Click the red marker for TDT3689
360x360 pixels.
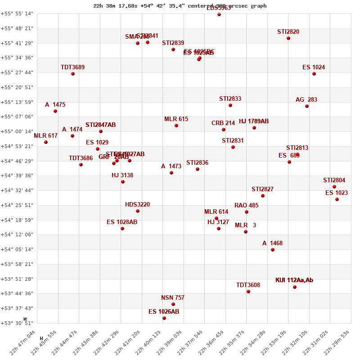pos(73,74)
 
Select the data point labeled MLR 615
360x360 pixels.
pos(176,126)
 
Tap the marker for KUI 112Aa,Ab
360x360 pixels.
pos(295,287)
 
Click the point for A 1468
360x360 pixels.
pos(273,250)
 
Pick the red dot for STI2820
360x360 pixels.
pos(288,38)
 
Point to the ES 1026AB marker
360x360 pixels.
pos(164,318)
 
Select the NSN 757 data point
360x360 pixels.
pos(173,304)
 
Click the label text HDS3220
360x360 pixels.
pos(137,205)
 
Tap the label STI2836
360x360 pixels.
pos(197,163)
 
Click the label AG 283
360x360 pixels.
pos(306,100)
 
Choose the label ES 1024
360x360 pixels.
pos(313,67)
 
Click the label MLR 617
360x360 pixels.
pos(45,136)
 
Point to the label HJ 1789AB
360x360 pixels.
pos(254,121)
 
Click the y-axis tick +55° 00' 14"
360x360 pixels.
pos(17,131)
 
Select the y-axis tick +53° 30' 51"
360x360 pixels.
pos(17,323)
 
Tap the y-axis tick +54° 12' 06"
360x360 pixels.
pos(17,234)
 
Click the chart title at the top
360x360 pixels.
pos(180,6)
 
